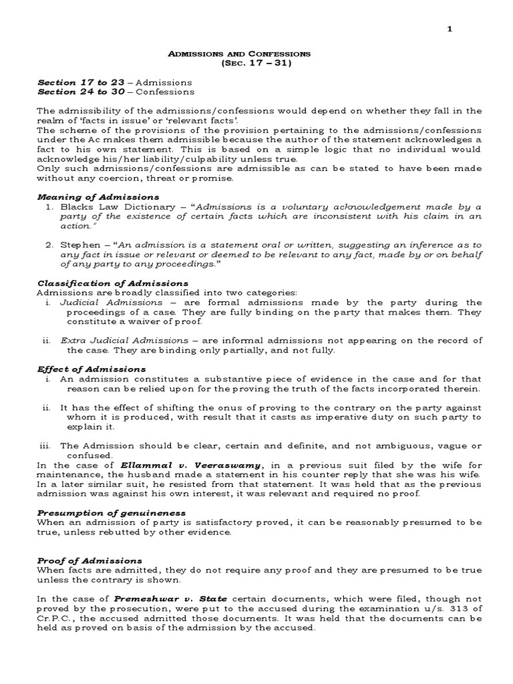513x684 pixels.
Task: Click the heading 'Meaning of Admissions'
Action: [x=98, y=197]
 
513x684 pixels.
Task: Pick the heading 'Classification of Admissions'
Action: [x=113, y=283]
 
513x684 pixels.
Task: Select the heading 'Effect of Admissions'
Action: [x=92, y=369]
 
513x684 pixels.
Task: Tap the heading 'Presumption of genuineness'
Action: [x=111, y=512]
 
